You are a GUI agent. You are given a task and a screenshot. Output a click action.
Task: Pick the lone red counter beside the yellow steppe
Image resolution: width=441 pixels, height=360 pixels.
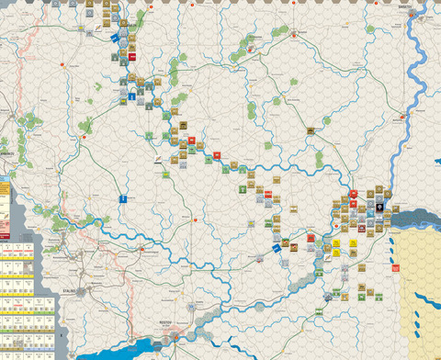click(396, 269)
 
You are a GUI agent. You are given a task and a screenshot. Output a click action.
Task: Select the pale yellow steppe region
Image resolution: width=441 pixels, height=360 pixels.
click(418, 285)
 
